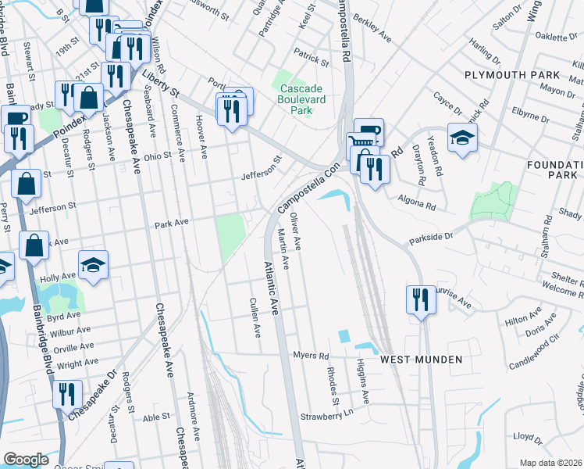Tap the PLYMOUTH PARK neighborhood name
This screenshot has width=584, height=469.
(512, 75)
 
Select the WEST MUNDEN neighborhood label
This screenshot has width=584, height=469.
(422, 359)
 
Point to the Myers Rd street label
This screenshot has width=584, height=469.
(311, 356)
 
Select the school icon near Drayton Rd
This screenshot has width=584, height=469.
(462, 138)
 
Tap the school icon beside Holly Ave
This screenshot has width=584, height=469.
(93, 264)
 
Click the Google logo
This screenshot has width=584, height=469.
(26, 460)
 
